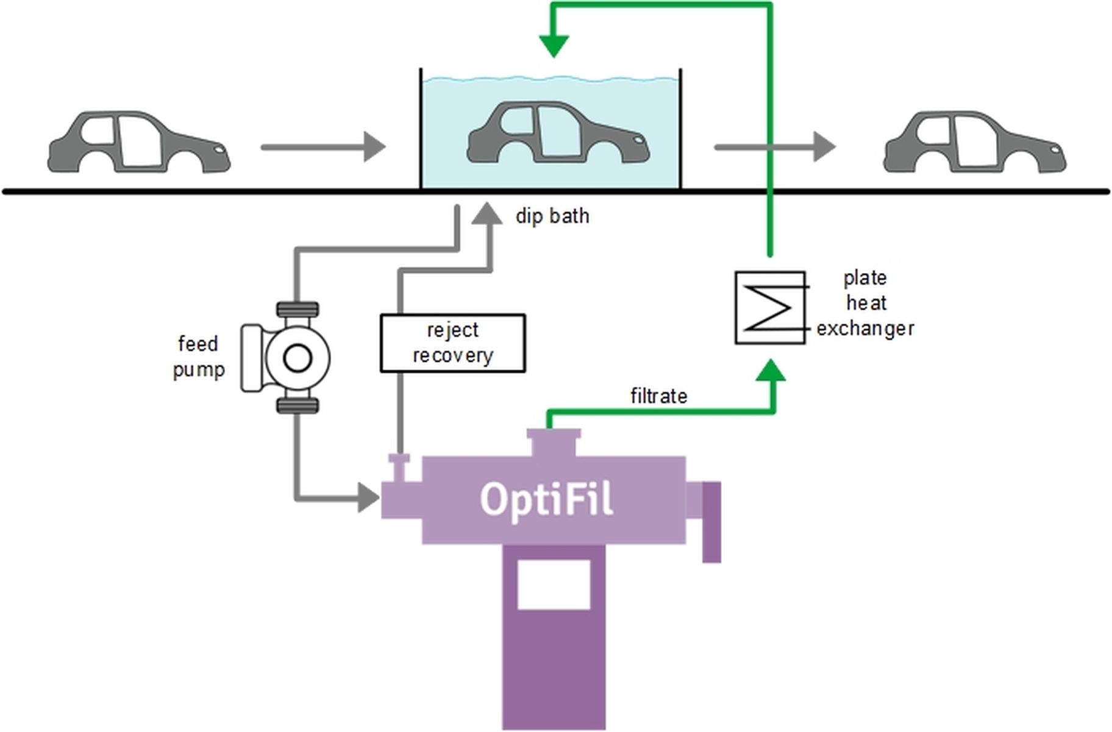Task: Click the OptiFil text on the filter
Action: [x=546, y=500]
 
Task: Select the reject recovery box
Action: [x=452, y=343]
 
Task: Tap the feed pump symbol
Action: [x=297, y=358]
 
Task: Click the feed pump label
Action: [x=198, y=357]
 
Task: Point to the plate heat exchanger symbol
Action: [x=770, y=308]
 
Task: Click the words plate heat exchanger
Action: [x=865, y=304]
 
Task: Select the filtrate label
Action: [x=658, y=397]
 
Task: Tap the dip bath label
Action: [x=552, y=216]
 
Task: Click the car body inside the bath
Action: [x=558, y=134]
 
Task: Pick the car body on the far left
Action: [x=139, y=143]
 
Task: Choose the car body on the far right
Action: [x=975, y=143]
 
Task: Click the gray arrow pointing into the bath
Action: [x=323, y=147]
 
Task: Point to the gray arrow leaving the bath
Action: [x=774, y=147]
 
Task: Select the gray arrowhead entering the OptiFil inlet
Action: [x=368, y=497]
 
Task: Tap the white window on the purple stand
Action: [x=554, y=585]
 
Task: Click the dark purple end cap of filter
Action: [x=711, y=522]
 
